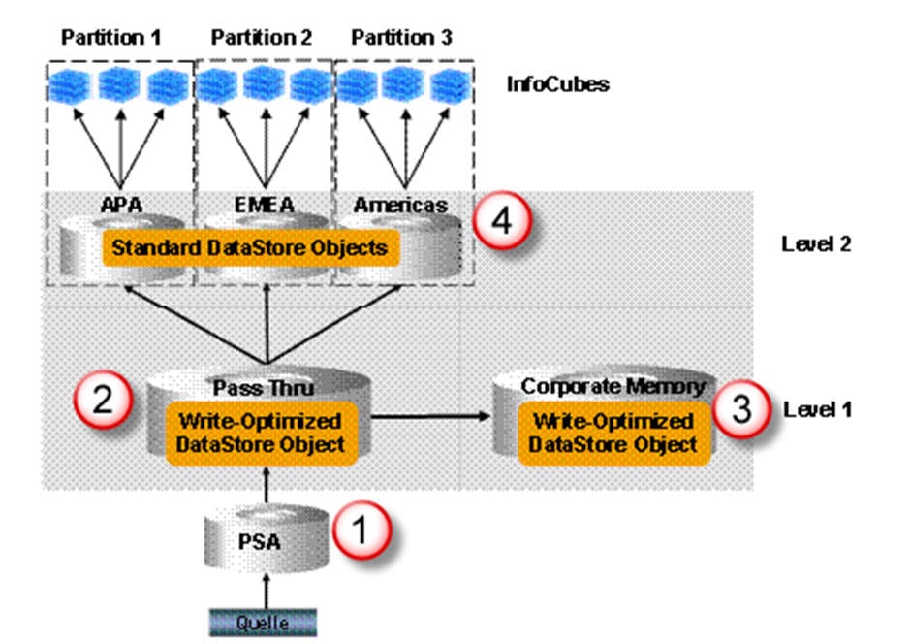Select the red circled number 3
(x=740, y=407)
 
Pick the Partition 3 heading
(x=401, y=38)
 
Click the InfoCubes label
(x=557, y=84)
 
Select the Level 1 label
(x=816, y=409)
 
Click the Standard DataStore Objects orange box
(x=249, y=248)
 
